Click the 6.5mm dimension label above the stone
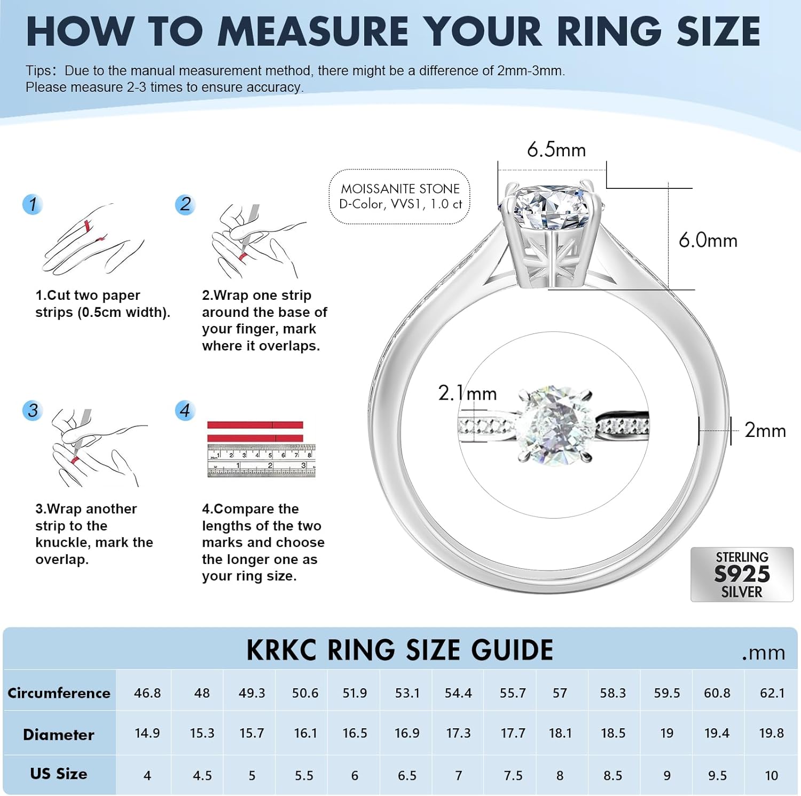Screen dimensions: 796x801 coord(556,150)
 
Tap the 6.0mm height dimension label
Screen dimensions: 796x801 coord(708,241)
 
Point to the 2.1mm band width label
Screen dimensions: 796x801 coord(467,393)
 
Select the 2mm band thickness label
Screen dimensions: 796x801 coord(765,431)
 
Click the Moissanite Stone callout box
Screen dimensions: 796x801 coord(399,196)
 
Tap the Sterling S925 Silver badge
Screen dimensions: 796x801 coord(741,575)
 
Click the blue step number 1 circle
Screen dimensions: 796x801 coord(33,204)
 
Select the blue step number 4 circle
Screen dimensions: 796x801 coord(185,410)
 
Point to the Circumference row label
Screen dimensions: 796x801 coord(59,693)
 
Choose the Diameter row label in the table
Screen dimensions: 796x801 coord(59,735)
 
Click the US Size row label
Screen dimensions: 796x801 coord(59,774)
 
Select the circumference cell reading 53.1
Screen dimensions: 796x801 coord(407,693)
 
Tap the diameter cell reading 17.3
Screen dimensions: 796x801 coord(458,734)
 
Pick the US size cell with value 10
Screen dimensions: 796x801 coord(771,776)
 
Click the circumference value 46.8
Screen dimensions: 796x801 coord(147,693)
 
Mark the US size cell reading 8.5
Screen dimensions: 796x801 coord(612,776)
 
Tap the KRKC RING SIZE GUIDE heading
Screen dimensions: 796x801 coord(399,650)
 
